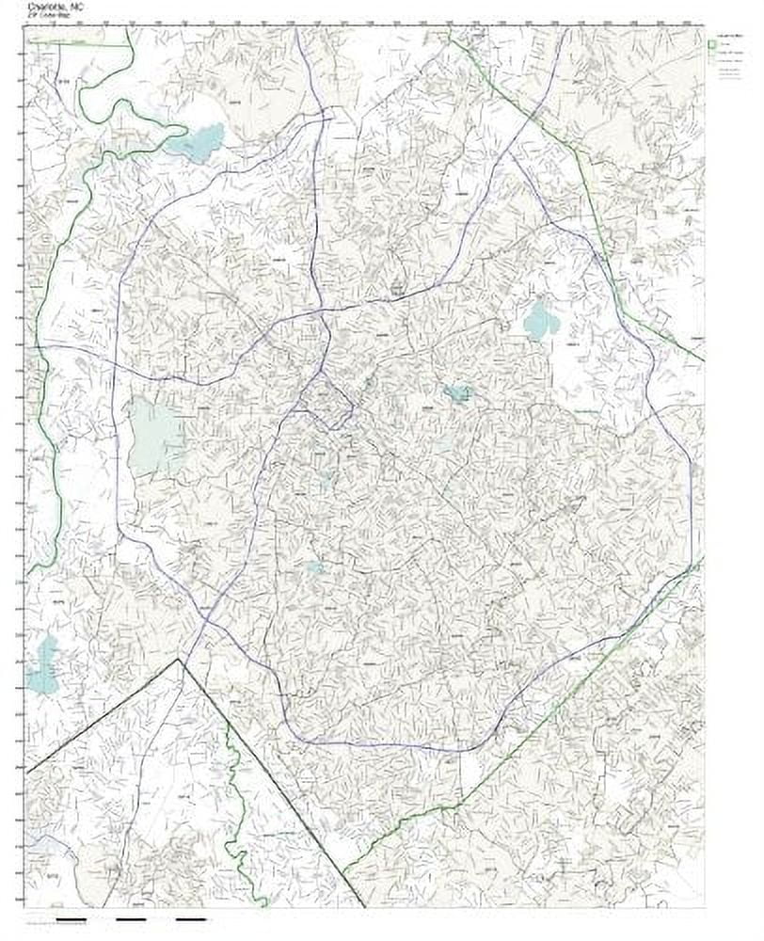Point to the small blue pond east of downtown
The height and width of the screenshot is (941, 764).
[458, 393]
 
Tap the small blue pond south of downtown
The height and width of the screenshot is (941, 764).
[313, 567]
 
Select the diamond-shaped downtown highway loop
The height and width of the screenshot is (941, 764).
[329, 401]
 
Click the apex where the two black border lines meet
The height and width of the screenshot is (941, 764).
[179, 660]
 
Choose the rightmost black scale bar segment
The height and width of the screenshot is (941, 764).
[191, 919]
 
